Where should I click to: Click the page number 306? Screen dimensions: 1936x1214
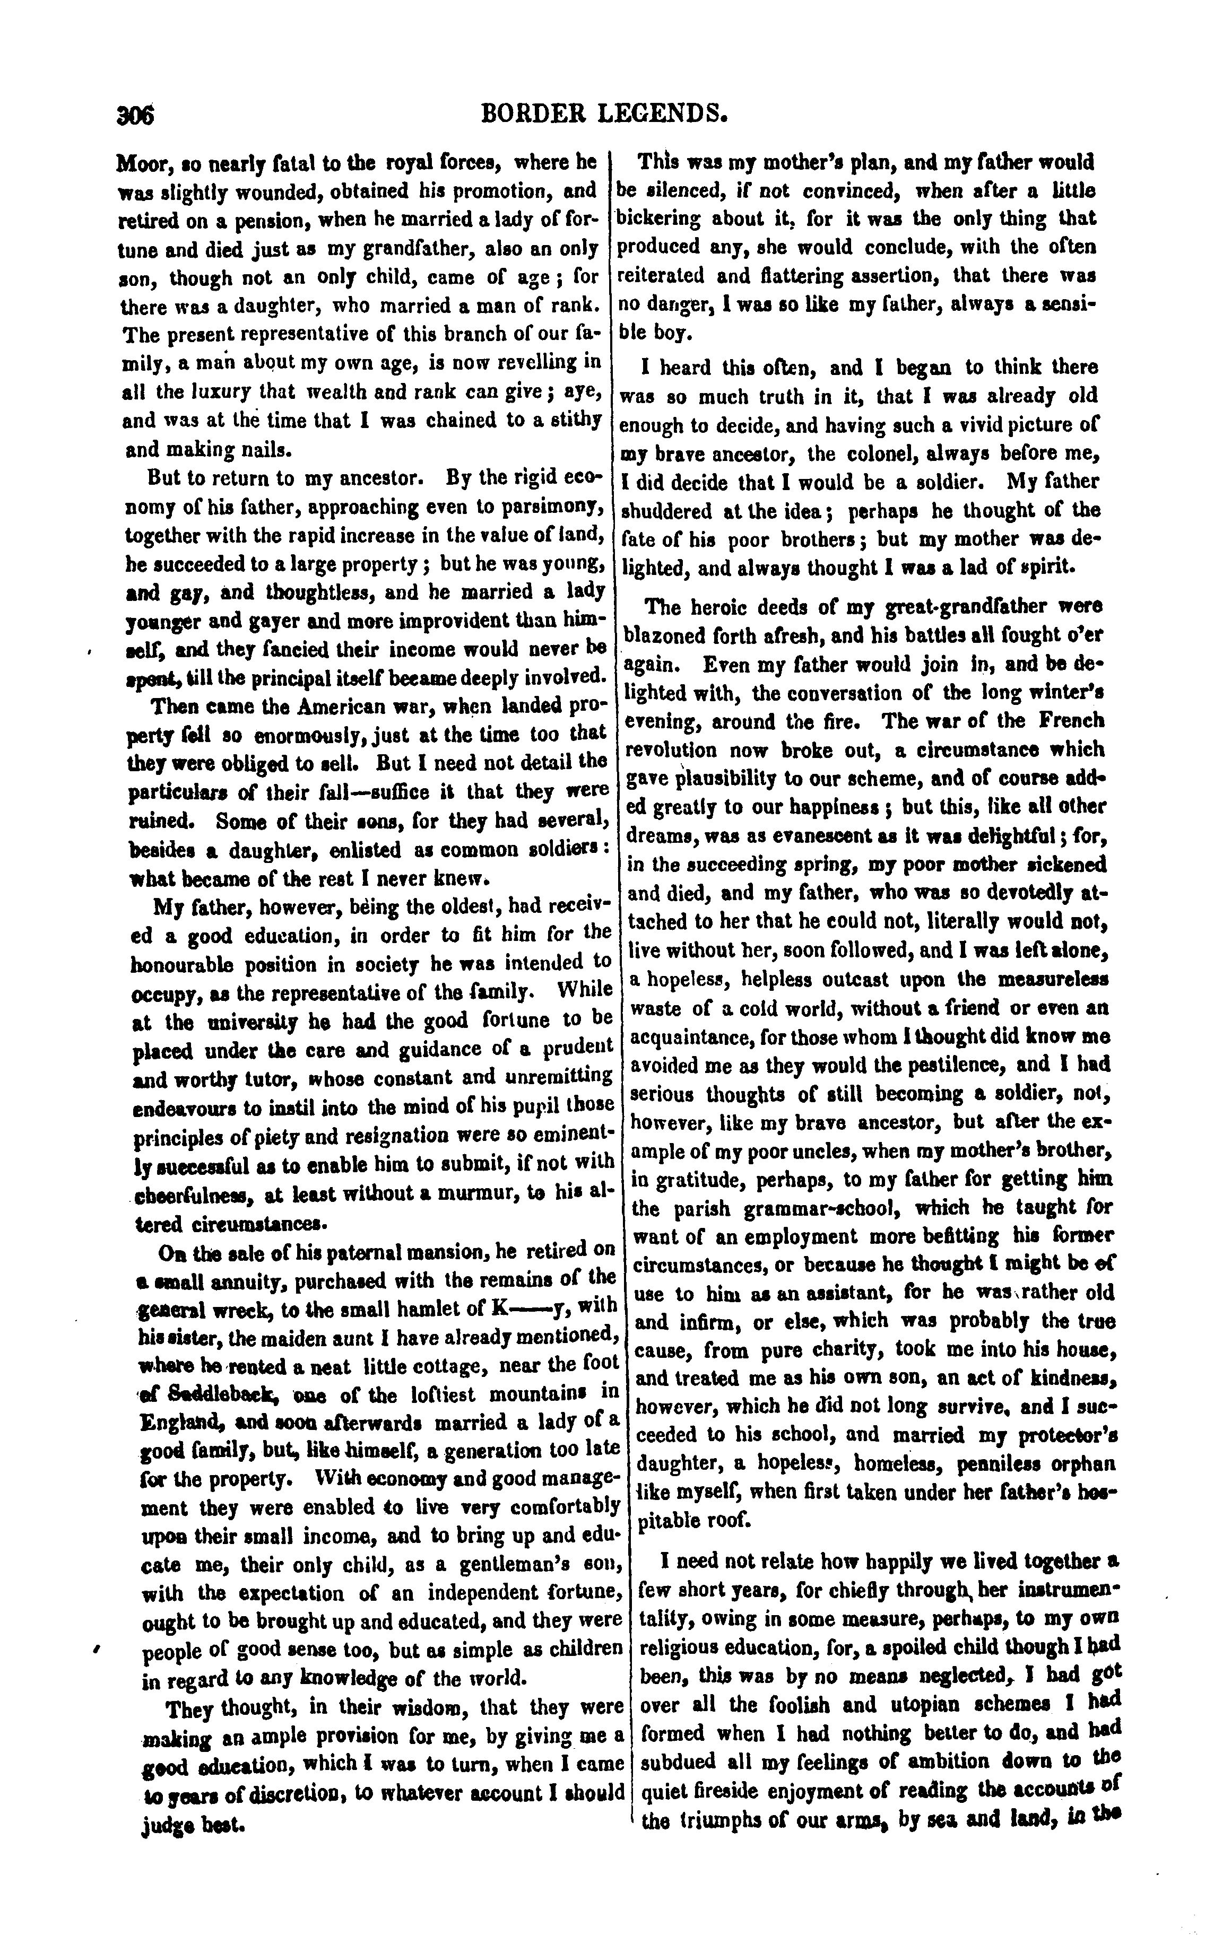[x=135, y=116]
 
